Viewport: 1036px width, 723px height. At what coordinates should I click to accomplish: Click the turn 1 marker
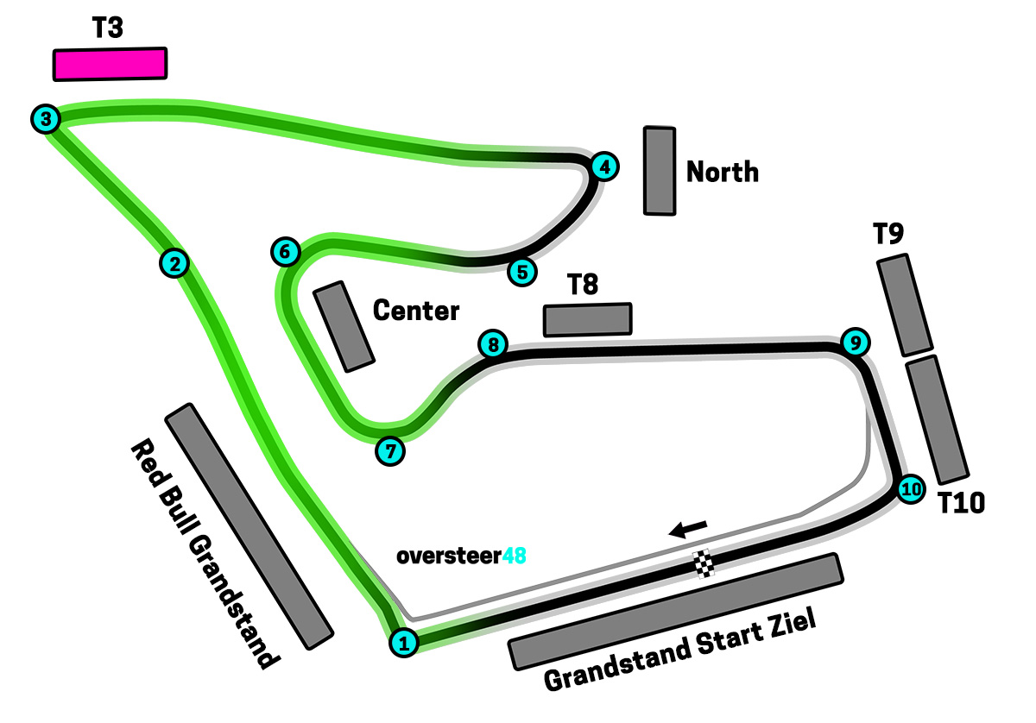click(404, 642)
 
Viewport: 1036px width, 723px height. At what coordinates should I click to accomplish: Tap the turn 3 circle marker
click(45, 118)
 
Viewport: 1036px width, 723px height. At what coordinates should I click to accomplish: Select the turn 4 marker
click(605, 167)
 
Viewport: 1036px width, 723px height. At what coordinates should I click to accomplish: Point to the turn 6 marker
click(285, 251)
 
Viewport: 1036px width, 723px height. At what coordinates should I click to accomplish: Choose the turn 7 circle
click(390, 450)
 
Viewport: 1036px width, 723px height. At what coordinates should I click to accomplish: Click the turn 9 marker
click(854, 343)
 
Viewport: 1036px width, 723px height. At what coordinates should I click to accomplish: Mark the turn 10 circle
click(910, 489)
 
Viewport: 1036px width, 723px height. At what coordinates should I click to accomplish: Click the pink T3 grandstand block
click(110, 65)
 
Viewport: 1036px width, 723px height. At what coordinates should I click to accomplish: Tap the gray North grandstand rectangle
click(660, 171)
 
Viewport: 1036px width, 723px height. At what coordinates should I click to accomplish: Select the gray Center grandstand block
click(344, 326)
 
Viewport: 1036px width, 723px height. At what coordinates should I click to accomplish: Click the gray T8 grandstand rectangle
click(587, 319)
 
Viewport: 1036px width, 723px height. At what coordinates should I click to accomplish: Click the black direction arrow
click(690, 528)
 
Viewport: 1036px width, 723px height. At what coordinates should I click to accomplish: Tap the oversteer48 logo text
click(461, 556)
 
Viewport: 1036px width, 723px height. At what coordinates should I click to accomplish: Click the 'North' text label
click(723, 173)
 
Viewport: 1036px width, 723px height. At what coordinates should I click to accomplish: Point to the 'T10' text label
click(962, 503)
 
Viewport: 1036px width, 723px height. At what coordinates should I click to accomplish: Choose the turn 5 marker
click(521, 272)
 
